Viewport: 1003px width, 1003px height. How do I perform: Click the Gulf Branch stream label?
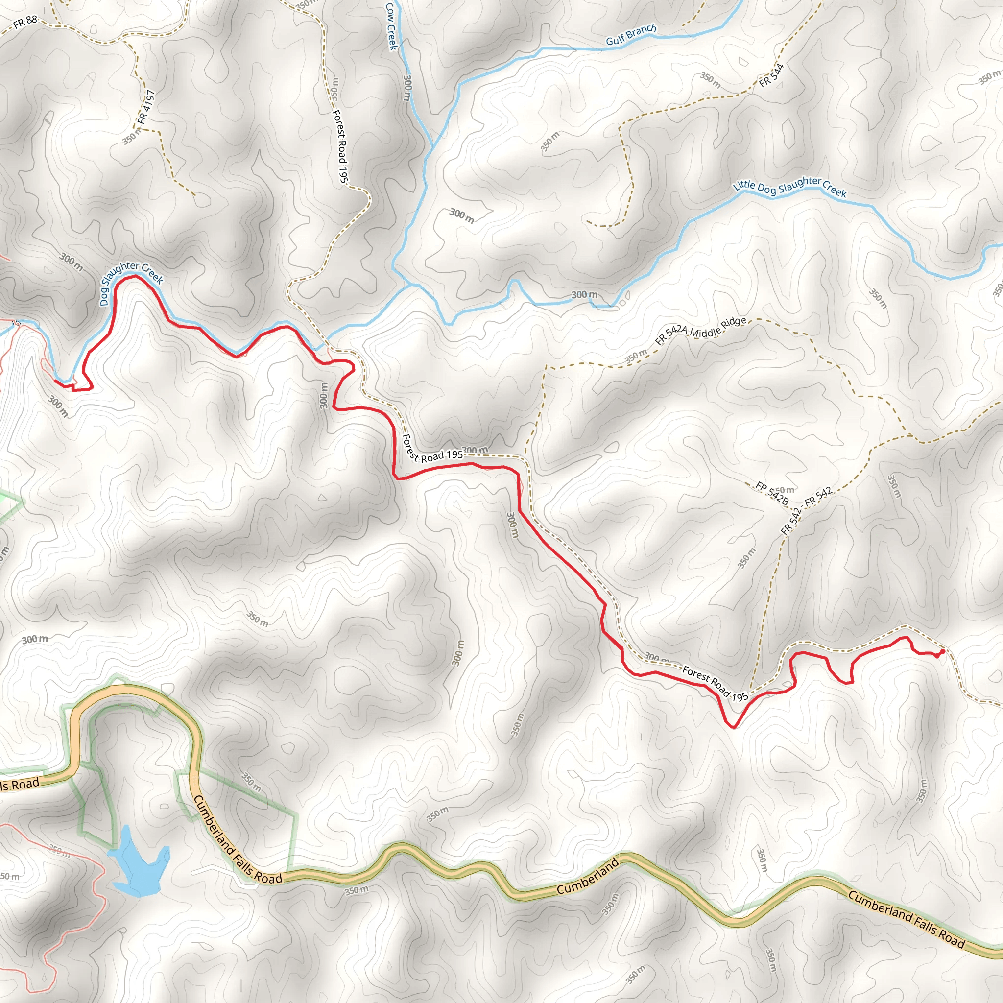tap(631, 35)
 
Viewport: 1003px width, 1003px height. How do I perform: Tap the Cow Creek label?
tap(391, 27)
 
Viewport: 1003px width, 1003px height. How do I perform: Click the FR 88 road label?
tap(25, 22)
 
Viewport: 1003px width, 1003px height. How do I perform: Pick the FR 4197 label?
tap(146, 107)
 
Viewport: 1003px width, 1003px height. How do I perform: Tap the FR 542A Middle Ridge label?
tap(700, 331)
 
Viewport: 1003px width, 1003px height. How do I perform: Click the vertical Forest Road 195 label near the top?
tap(339, 145)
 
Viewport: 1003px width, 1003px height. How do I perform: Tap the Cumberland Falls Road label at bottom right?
tap(906, 919)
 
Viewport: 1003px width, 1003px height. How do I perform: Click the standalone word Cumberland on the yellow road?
tap(587, 876)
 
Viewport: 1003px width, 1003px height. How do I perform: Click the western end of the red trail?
tap(55, 381)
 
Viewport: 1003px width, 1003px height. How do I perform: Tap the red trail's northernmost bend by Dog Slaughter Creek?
tap(132, 276)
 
